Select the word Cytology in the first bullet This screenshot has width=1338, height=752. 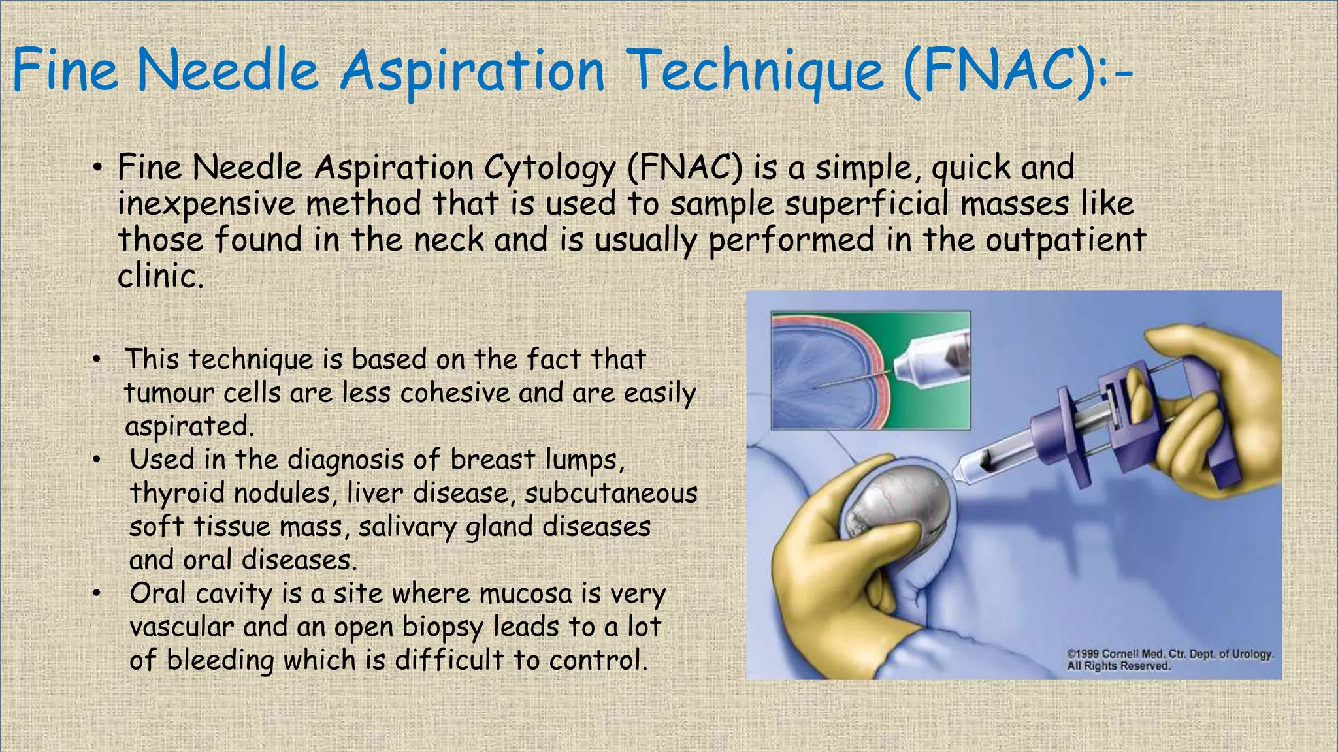coord(549,168)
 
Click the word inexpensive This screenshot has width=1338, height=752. coord(206,204)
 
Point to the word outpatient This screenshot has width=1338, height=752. coord(1065,240)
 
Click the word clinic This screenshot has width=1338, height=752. coord(161,276)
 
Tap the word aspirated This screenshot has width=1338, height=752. coord(189,427)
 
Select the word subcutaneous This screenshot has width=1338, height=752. coord(611,493)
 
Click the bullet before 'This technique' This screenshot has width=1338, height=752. coord(96,360)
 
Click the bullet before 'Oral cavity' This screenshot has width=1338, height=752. coord(96,593)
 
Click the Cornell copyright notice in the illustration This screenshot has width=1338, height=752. coord(1169,659)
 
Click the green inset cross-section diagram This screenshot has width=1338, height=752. coord(870,370)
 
